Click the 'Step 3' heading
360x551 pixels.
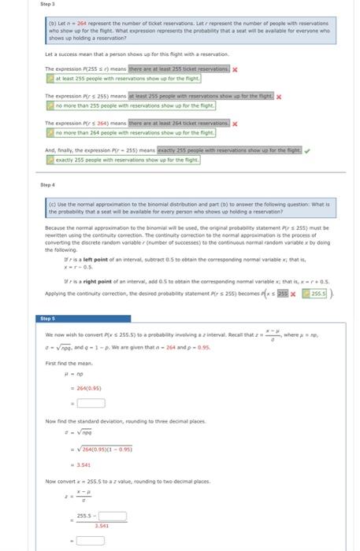pyautogui.click(x=46, y=5)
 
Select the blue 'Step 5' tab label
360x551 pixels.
pyautogui.click(x=50, y=320)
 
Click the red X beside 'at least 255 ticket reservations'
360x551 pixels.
pyautogui.click(x=235, y=69)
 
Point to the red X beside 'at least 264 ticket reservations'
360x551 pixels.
pyautogui.click(x=235, y=124)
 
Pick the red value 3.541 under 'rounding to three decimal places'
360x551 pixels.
pyautogui.click(x=84, y=464)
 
